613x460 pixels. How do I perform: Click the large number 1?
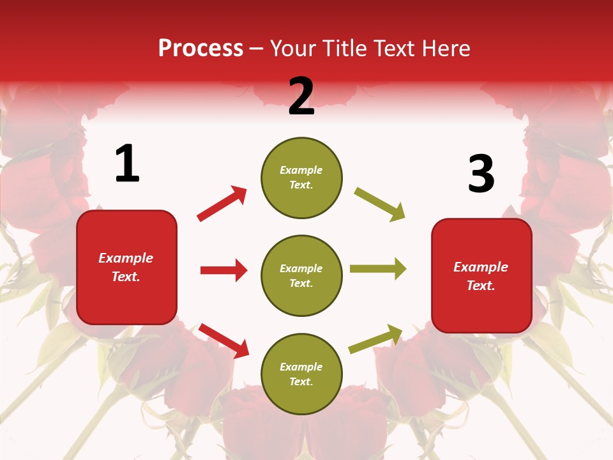point(127,164)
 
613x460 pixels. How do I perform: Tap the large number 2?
point(301,96)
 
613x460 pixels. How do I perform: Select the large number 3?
point(481,174)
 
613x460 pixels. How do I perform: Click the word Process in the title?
point(201,49)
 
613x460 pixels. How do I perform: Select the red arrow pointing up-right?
point(222,203)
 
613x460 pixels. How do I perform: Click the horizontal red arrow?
point(223,270)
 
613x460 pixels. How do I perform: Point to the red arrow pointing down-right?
point(223,341)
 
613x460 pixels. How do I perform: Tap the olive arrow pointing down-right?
point(379,204)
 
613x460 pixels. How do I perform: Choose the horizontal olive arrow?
point(377,269)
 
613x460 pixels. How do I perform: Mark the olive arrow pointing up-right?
point(375,339)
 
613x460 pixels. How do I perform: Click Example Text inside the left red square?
point(126,267)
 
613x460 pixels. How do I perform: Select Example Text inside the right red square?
point(481,276)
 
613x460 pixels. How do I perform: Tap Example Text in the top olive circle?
point(301,178)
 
